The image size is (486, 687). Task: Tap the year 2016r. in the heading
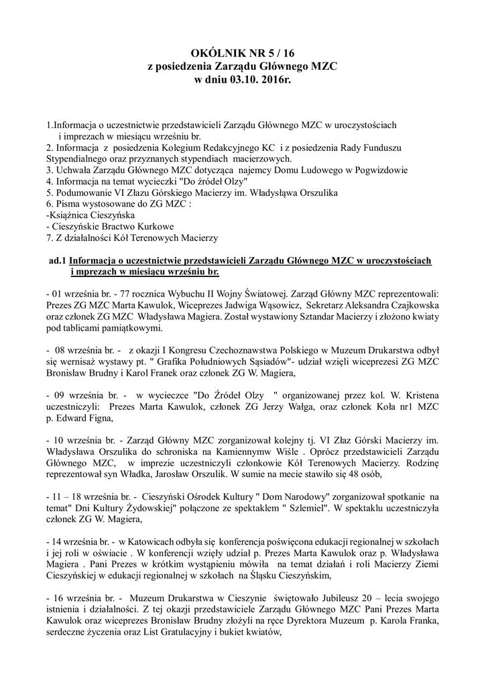274,79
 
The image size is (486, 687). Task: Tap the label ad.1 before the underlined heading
57,260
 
